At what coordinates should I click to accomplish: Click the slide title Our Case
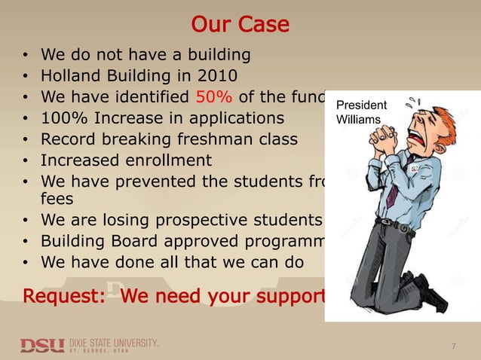tap(240, 25)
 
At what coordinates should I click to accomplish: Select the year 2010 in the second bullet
tap(218, 76)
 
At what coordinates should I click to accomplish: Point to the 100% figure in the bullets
tap(63, 118)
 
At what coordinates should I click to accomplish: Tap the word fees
tap(57, 198)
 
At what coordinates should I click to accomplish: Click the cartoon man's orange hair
tap(445, 121)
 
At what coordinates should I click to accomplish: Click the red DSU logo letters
tap(42, 345)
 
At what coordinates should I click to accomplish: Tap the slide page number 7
tap(453, 346)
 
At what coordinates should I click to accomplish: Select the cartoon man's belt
tap(395, 225)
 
